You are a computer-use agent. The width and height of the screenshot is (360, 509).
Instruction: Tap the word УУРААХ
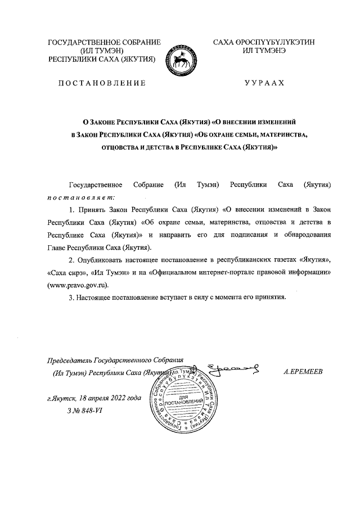(x=264, y=83)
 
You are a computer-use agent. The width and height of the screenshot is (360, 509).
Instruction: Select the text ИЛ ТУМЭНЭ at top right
(x=264, y=51)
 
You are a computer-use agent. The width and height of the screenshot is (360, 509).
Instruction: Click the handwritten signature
(x=233, y=369)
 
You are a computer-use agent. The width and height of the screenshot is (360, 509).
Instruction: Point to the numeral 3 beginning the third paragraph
(x=70, y=298)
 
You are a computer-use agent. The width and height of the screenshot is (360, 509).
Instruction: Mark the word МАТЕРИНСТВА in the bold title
(x=279, y=134)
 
